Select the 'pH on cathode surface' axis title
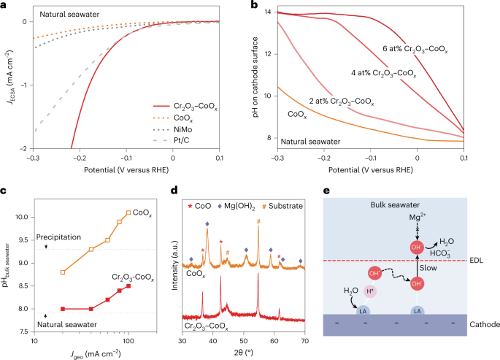(x=256, y=81)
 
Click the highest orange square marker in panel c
(x=128, y=212)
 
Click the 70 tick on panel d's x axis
(x=305, y=340)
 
